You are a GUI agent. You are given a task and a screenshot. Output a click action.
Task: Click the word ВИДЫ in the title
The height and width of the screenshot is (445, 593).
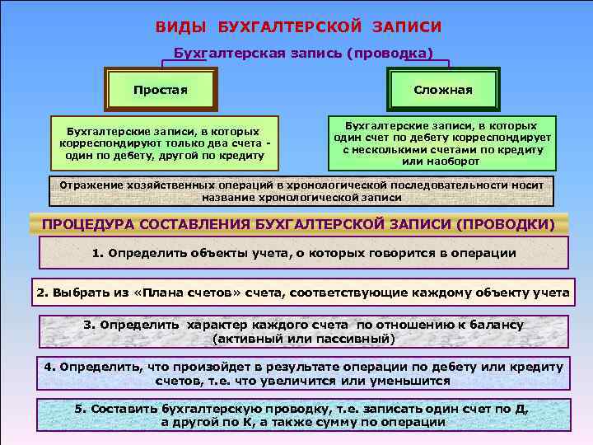(180, 27)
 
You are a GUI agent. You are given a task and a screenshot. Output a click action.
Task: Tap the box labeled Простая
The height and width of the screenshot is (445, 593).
(160, 89)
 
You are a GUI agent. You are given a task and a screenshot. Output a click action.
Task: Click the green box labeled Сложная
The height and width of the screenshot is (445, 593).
(442, 90)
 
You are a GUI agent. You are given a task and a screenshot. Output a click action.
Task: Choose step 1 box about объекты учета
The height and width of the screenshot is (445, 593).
(304, 253)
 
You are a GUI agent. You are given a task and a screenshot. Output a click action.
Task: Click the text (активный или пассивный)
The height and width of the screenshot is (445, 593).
(304, 338)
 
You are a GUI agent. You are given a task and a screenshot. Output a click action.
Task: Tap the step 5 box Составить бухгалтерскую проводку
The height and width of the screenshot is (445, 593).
(304, 415)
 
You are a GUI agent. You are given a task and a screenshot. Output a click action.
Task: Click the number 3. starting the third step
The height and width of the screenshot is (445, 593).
(90, 325)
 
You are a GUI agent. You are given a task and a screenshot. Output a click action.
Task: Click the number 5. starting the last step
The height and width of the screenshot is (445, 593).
(80, 409)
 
